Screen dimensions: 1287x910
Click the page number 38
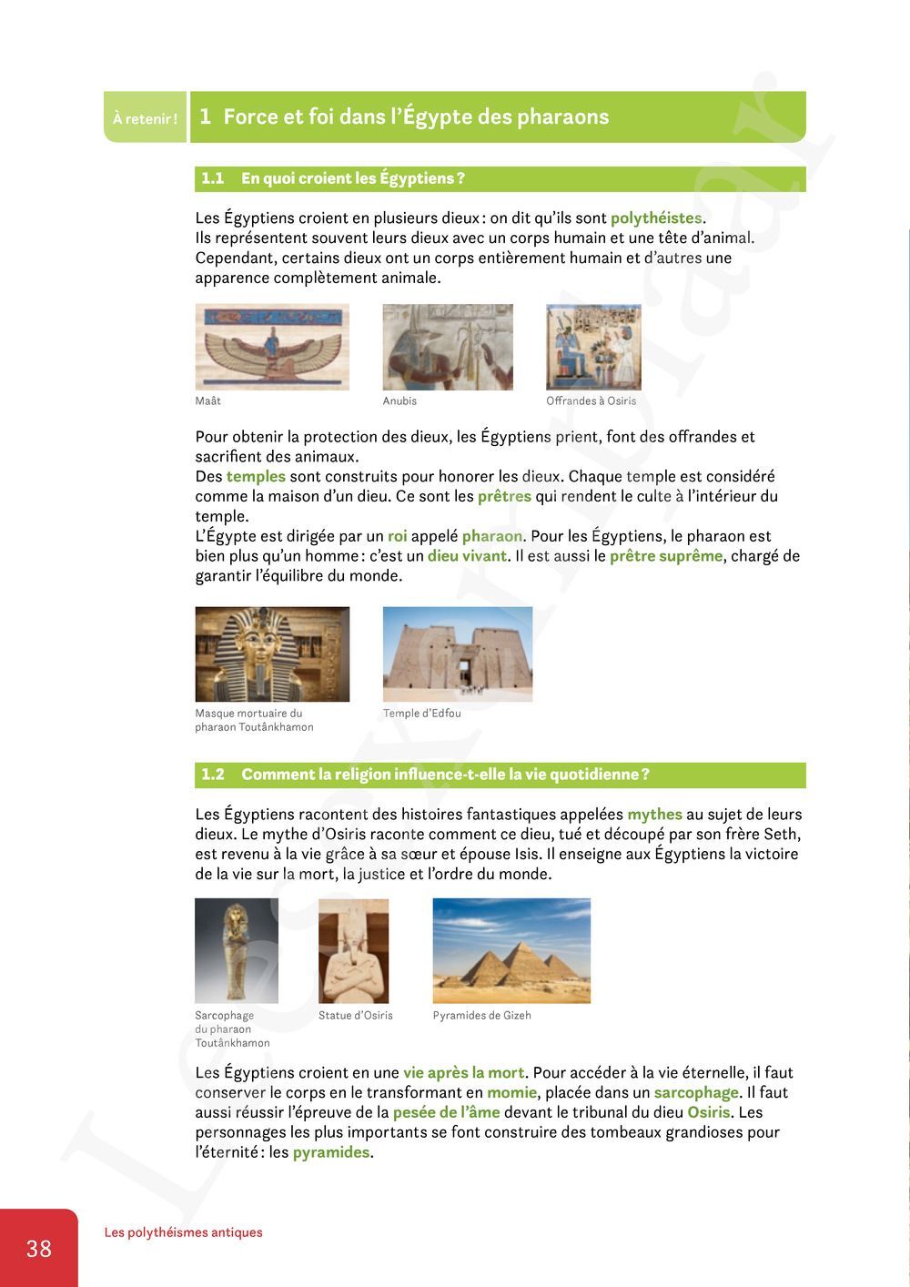[39, 1248]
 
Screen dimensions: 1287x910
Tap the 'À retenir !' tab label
[145, 118]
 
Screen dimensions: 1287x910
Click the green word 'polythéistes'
[656, 218]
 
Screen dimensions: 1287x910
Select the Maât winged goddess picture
[272, 347]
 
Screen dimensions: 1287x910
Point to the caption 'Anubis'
[399, 401]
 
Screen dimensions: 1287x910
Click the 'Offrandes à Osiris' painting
[593, 347]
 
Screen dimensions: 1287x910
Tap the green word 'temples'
[256, 477]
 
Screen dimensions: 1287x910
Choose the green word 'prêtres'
[504, 497]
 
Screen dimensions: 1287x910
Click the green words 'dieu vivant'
[467, 556]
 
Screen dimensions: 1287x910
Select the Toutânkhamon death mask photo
[272, 654]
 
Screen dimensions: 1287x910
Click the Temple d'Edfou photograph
[458, 654]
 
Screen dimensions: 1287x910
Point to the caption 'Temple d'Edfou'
[422, 714]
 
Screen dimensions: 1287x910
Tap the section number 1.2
[213, 775]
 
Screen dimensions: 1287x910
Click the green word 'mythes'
[654, 815]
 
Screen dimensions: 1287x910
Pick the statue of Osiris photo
[353, 950]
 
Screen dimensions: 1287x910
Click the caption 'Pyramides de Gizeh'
[481, 1016]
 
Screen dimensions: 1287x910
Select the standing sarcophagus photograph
[236, 950]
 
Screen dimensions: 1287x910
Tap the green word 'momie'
[511, 1093]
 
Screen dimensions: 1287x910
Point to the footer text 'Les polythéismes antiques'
[183, 1232]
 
